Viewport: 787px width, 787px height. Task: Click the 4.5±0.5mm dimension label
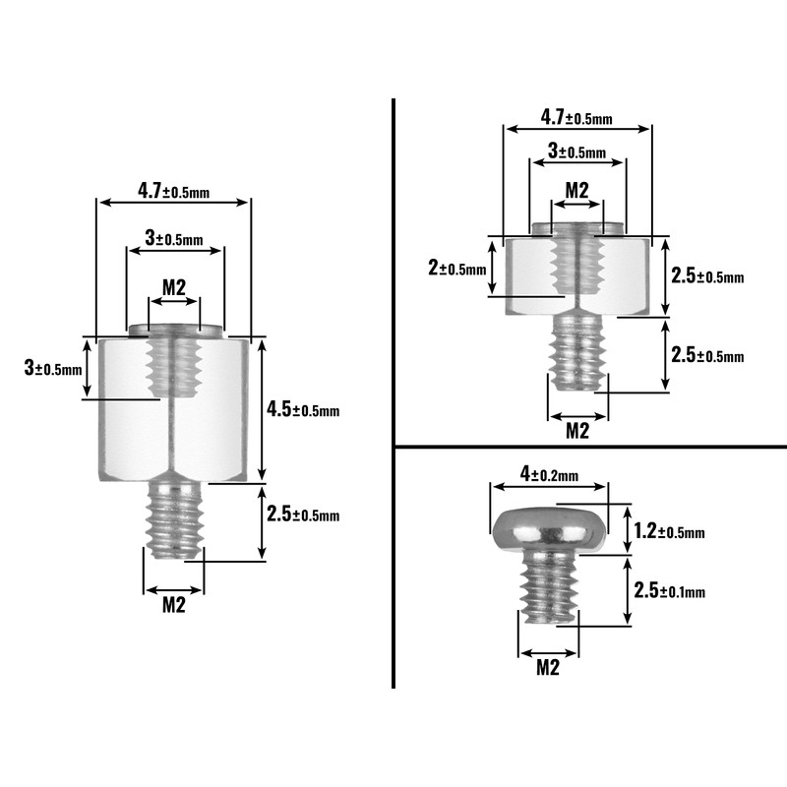303,409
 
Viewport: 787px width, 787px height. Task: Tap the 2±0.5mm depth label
457,269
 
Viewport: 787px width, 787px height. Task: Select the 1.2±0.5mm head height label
670,531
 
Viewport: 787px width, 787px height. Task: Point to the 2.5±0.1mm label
670,590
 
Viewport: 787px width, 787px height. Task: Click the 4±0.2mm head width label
549,474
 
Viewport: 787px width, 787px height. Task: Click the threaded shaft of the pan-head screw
551,586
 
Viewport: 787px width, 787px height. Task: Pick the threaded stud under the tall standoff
174,520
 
